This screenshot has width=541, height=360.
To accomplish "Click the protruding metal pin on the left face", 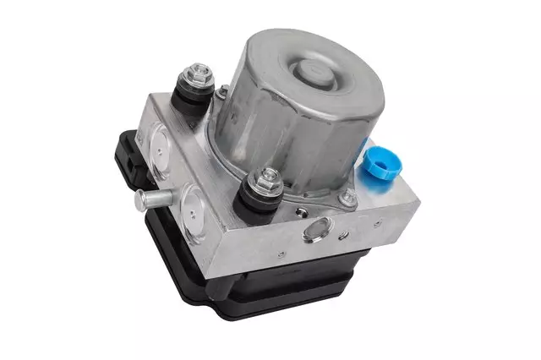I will click(152, 200).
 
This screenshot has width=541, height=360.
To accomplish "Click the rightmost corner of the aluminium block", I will click(417, 200).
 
